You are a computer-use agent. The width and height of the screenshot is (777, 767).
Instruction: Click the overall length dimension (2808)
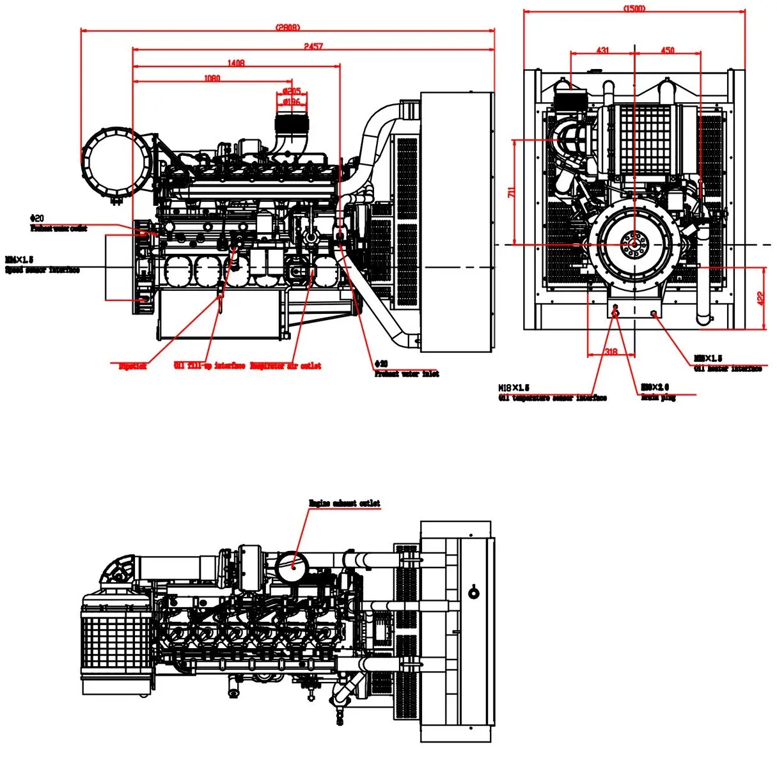[288, 27]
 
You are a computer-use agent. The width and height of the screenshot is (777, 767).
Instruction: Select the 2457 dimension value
[313, 46]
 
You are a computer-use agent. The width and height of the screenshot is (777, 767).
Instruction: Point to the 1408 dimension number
[236, 63]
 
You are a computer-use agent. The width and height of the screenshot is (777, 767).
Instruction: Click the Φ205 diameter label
[292, 91]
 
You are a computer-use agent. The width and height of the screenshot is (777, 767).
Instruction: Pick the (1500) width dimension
[634, 8]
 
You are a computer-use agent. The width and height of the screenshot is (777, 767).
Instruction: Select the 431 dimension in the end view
[602, 50]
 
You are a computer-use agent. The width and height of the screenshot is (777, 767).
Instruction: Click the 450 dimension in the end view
[667, 50]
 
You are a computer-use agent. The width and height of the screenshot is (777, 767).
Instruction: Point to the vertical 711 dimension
[510, 192]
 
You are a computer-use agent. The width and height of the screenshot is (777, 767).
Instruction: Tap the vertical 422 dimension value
[760, 298]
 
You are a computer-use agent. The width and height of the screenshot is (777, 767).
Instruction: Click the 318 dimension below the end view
[611, 352]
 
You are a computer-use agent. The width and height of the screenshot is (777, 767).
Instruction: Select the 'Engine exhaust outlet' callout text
[344, 504]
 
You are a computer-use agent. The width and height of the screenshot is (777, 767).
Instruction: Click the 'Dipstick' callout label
[132, 366]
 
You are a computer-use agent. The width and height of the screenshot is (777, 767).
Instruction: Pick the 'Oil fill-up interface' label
[209, 366]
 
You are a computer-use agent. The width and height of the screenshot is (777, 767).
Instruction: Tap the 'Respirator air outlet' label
[285, 366]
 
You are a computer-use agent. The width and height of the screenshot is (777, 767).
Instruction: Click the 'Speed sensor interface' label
[42, 270]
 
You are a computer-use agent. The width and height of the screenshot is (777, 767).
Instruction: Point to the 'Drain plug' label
[658, 398]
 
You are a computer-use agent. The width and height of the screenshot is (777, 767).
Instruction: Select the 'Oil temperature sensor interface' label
[552, 398]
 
